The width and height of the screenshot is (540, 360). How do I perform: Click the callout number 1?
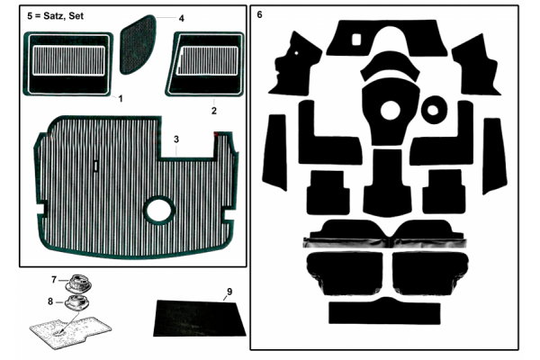(x=121, y=99)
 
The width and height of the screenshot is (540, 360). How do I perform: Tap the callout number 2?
(x=214, y=111)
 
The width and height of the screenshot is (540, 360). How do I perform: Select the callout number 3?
(x=176, y=139)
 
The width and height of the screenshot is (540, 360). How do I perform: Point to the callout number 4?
(x=182, y=19)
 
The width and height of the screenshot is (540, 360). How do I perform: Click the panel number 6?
(x=259, y=14)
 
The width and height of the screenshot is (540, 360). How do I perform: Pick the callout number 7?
(x=54, y=280)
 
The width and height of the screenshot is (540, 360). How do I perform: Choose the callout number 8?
(x=50, y=301)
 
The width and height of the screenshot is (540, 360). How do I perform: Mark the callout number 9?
(x=229, y=292)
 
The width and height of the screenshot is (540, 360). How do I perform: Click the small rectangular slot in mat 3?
(x=96, y=166)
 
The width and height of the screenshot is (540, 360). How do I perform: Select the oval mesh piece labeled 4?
(x=138, y=44)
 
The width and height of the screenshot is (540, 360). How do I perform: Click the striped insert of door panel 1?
(x=69, y=60)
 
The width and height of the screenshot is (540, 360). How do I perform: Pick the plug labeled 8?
(x=76, y=302)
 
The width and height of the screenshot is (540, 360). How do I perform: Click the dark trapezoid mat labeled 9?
(x=200, y=319)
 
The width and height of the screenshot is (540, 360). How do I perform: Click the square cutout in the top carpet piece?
(x=356, y=40)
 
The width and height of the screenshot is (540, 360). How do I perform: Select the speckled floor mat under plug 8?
(x=70, y=330)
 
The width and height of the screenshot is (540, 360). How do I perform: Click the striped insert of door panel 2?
(x=208, y=60)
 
